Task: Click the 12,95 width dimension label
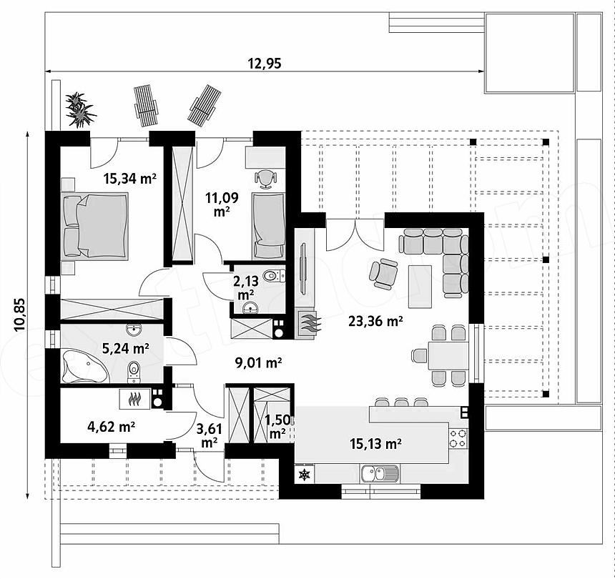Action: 265,63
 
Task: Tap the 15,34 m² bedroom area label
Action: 130,179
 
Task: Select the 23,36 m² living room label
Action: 375,322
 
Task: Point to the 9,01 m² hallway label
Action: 258,363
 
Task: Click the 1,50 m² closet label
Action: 277,427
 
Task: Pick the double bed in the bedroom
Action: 95,226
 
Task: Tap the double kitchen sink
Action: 380,473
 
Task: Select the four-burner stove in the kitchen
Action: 458,438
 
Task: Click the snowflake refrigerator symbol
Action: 305,475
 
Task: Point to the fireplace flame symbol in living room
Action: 310,322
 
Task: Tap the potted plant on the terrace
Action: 80,110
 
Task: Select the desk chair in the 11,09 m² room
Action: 265,179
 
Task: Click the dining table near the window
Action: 448,355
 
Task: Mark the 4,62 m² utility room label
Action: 112,427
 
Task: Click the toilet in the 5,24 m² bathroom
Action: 134,372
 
